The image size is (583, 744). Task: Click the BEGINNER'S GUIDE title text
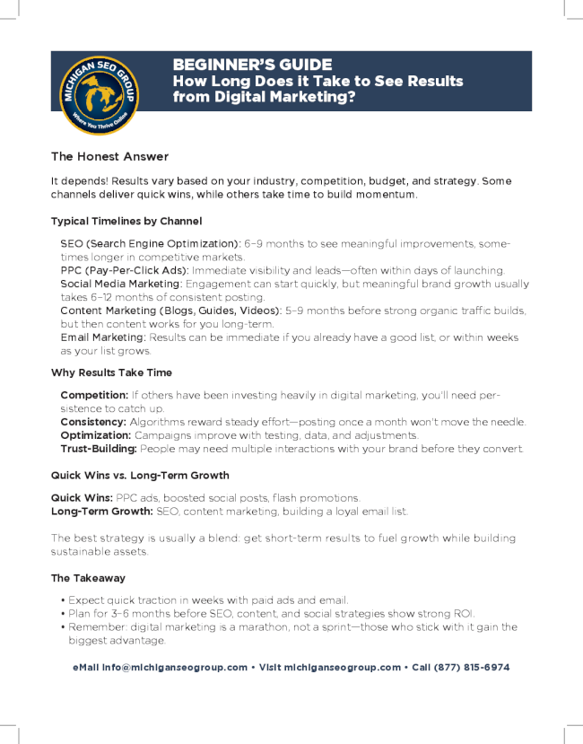point(252,66)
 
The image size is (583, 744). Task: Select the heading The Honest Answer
point(109,156)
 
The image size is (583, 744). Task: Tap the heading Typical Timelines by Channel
point(126,221)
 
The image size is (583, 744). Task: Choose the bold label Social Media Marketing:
point(121,284)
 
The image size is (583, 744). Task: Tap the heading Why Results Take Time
point(111,372)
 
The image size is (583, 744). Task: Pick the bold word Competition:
point(93,395)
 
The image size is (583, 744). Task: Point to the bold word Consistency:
point(93,422)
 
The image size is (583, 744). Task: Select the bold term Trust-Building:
point(99,449)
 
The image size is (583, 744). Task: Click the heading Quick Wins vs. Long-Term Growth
point(140,475)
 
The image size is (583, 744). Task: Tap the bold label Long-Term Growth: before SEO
point(102,511)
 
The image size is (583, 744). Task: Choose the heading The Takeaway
point(88,578)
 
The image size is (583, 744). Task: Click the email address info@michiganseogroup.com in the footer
point(174,668)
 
